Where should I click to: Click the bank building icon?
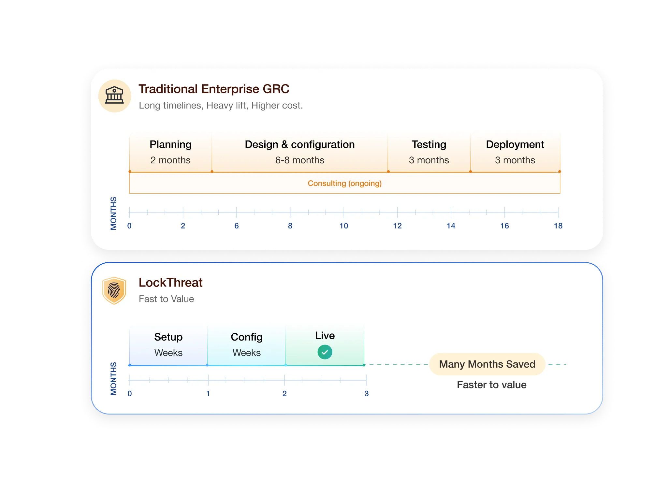click(x=114, y=96)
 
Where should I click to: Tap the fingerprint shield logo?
click(x=114, y=290)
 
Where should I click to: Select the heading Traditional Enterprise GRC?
click(x=214, y=89)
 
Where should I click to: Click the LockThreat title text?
click(x=170, y=283)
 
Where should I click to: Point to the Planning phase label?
click(x=170, y=144)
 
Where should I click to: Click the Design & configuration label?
click(x=299, y=144)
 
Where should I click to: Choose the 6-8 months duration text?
click(x=299, y=160)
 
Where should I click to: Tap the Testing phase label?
click(x=429, y=144)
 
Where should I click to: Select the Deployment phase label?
click(x=515, y=144)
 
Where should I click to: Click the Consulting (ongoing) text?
click(x=344, y=183)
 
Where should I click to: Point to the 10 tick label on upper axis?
click(x=344, y=226)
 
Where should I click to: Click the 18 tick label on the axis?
click(x=558, y=226)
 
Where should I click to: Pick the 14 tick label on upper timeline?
click(x=451, y=226)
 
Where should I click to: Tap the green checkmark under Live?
click(x=325, y=352)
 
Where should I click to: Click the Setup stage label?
click(x=168, y=337)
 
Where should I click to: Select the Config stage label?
click(x=246, y=337)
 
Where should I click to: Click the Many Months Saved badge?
click(x=487, y=364)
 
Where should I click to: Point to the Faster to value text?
click(x=491, y=385)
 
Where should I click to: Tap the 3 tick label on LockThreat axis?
click(x=367, y=394)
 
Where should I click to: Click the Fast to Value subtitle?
click(x=166, y=299)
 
